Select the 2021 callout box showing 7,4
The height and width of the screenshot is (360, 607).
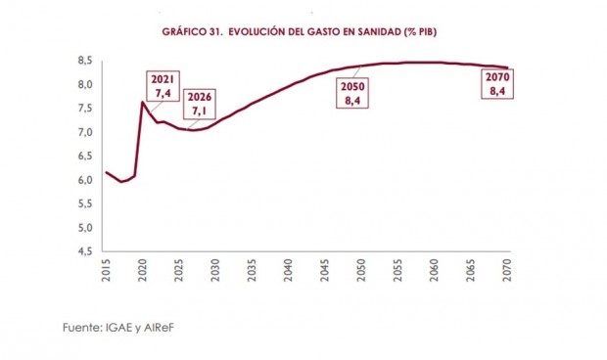[x=163, y=86]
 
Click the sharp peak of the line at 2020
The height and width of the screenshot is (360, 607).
[x=143, y=102]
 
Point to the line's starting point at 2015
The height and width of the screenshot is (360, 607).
[x=107, y=172]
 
